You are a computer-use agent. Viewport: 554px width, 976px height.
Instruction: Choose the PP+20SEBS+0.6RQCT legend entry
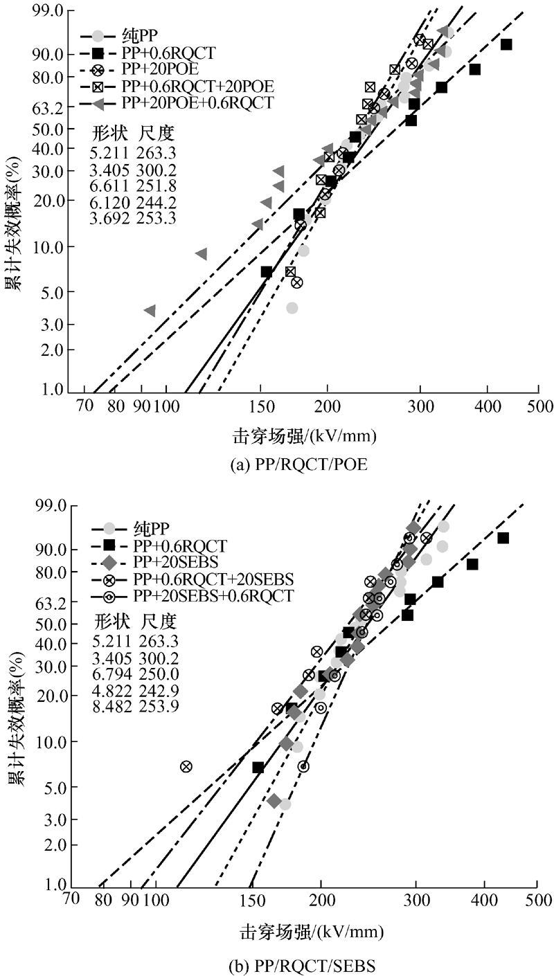pyautogui.click(x=207, y=596)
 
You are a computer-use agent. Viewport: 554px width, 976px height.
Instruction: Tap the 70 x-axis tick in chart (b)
pyautogui.click(x=69, y=900)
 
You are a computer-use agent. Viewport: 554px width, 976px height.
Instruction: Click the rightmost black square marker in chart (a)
pyautogui.click(x=506, y=44)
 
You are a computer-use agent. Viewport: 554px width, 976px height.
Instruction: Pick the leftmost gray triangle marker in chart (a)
pyautogui.click(x=150, y=310)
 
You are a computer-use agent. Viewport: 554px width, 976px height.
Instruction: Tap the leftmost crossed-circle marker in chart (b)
pyautogui.click(x=186, y=766)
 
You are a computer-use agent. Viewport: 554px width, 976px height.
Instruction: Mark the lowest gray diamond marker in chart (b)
pyautogui.click(x=274, y=801)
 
